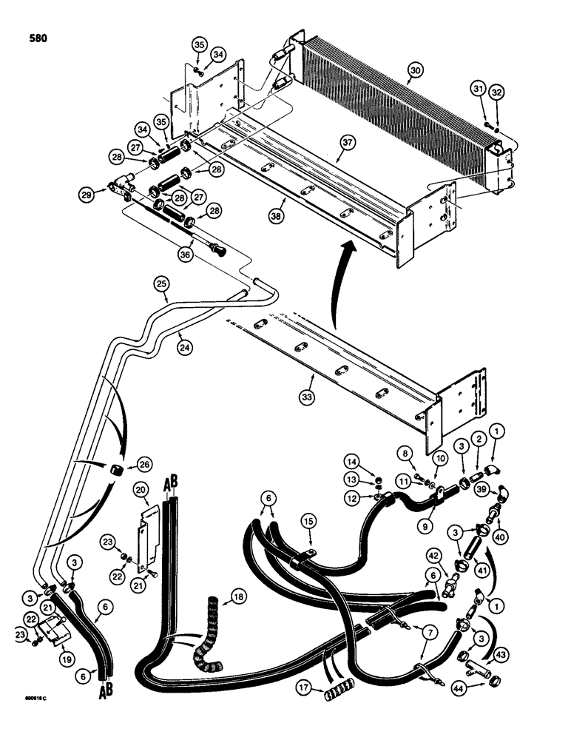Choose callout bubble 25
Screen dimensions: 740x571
(x=162, y=284)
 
